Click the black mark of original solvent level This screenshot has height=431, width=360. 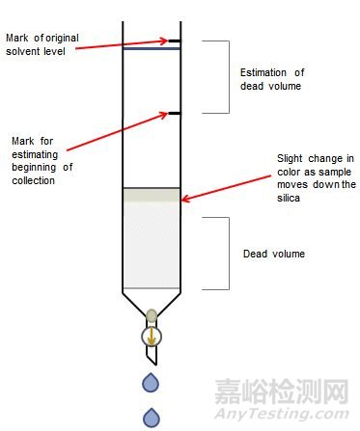[174, 41]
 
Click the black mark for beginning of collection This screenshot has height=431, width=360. [174, 114]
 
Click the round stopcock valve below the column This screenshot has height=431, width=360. [152, 337]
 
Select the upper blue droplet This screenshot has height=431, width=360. [152, 383]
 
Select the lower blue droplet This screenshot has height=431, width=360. [152, 417]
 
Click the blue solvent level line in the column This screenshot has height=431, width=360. [152, 49]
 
